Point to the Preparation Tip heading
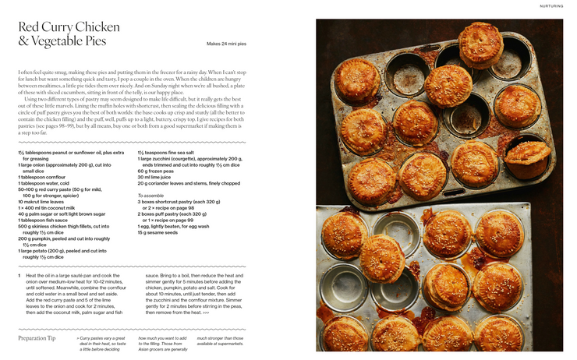(37, 337)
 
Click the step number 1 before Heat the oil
(19, 275)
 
